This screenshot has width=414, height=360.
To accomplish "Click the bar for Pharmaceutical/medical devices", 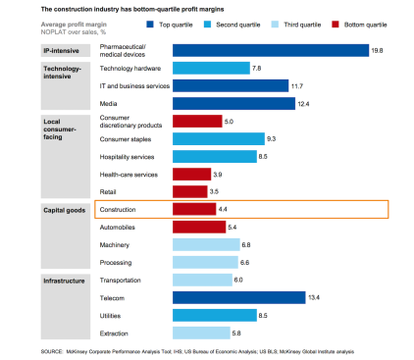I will [x=270, y=50].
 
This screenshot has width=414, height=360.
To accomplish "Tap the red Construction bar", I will [x=194, y=209].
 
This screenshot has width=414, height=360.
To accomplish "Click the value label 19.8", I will [x=378, y=50].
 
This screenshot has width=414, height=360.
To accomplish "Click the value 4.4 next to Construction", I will [x=225, y=209].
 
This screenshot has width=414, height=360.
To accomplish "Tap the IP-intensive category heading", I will [x=61, y=48].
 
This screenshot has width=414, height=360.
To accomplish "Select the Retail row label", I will [x=109, y=191].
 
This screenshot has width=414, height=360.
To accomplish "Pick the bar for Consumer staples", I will [x=219, y=138].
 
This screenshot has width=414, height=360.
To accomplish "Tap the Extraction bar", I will [x=201, y=333].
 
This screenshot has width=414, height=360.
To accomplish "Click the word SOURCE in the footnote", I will [x=55, y=350].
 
